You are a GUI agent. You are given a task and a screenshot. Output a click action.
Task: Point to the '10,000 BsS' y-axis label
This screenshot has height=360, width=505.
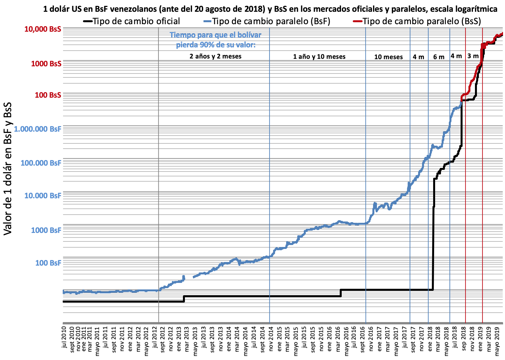43,29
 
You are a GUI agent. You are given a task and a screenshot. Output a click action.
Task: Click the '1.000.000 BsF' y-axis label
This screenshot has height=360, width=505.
38,129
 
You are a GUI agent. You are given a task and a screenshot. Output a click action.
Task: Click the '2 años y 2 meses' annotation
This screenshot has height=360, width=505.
216,56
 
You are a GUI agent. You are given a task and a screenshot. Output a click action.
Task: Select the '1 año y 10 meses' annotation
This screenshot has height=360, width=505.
319,57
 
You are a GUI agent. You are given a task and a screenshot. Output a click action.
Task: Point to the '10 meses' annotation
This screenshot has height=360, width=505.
388,57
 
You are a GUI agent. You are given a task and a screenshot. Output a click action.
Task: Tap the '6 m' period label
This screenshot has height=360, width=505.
439,57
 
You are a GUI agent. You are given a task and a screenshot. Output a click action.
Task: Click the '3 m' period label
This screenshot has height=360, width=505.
473,56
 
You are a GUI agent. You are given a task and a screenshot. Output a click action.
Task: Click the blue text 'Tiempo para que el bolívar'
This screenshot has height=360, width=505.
216,35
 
